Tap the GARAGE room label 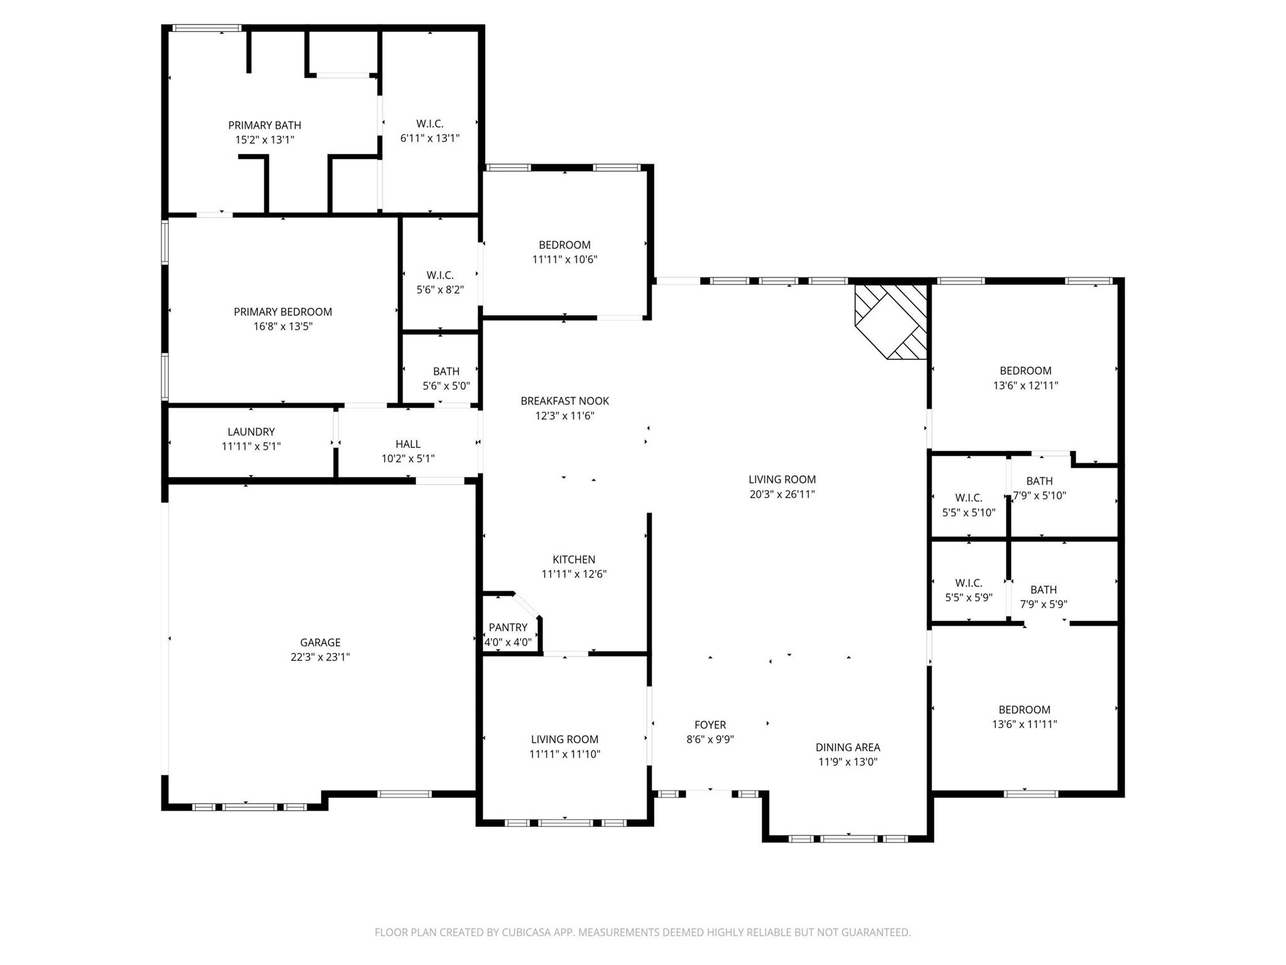pos(320,642)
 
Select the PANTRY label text pos(508,627)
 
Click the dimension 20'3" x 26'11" pos(782,494)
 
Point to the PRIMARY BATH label pos(264,125)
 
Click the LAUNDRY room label pos(251,432)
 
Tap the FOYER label pos(710,725)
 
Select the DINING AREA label pos(848,747)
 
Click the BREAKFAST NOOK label pos(565,401)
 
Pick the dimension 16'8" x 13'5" pos(283,327)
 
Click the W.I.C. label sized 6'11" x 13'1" pos(430,124)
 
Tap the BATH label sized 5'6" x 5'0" pos(446,371)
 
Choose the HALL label pos(408,444)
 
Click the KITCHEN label pos(574,559)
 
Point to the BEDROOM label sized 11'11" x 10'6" pos(565,245)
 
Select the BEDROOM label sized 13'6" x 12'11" pos(1025,371)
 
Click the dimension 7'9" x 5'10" pos(1040,496)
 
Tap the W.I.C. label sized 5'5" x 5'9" pos(968,583)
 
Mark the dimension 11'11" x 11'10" pos(565,755)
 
